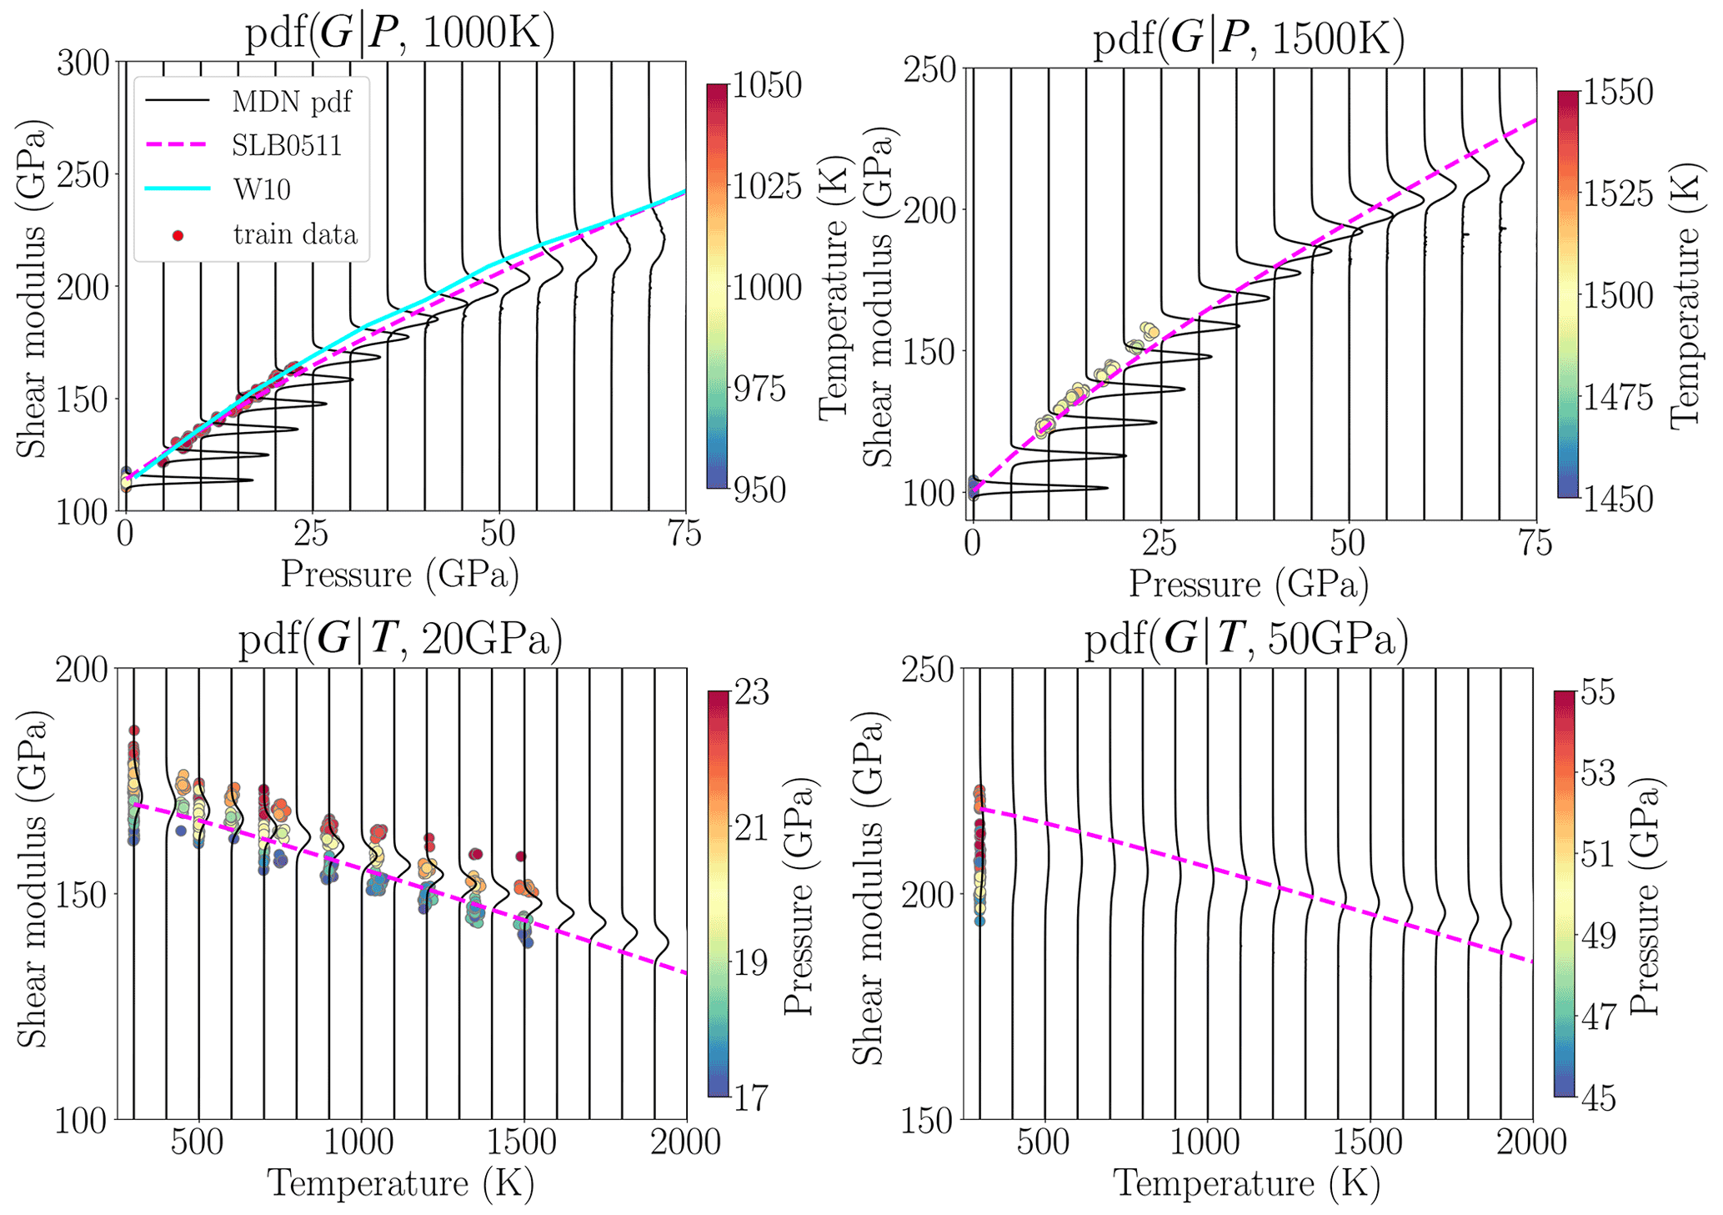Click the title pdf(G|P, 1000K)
[x=399, y=34]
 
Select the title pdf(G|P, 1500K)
[x=1248, y=39]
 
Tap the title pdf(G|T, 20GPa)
[x=400, y=640]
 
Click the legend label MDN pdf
[x=292, y=102]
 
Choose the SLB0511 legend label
[x=287, y=146]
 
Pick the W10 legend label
[x=262, y=189]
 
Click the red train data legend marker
[x=177, y=235]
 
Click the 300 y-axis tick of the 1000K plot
[x=83, y=63]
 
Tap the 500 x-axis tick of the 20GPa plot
[x=198, y=1142]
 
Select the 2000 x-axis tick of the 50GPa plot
[x=1532, y=1142]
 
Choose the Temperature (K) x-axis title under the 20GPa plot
[x=400, y=1183]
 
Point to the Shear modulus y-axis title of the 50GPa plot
[x=868, y=894]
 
